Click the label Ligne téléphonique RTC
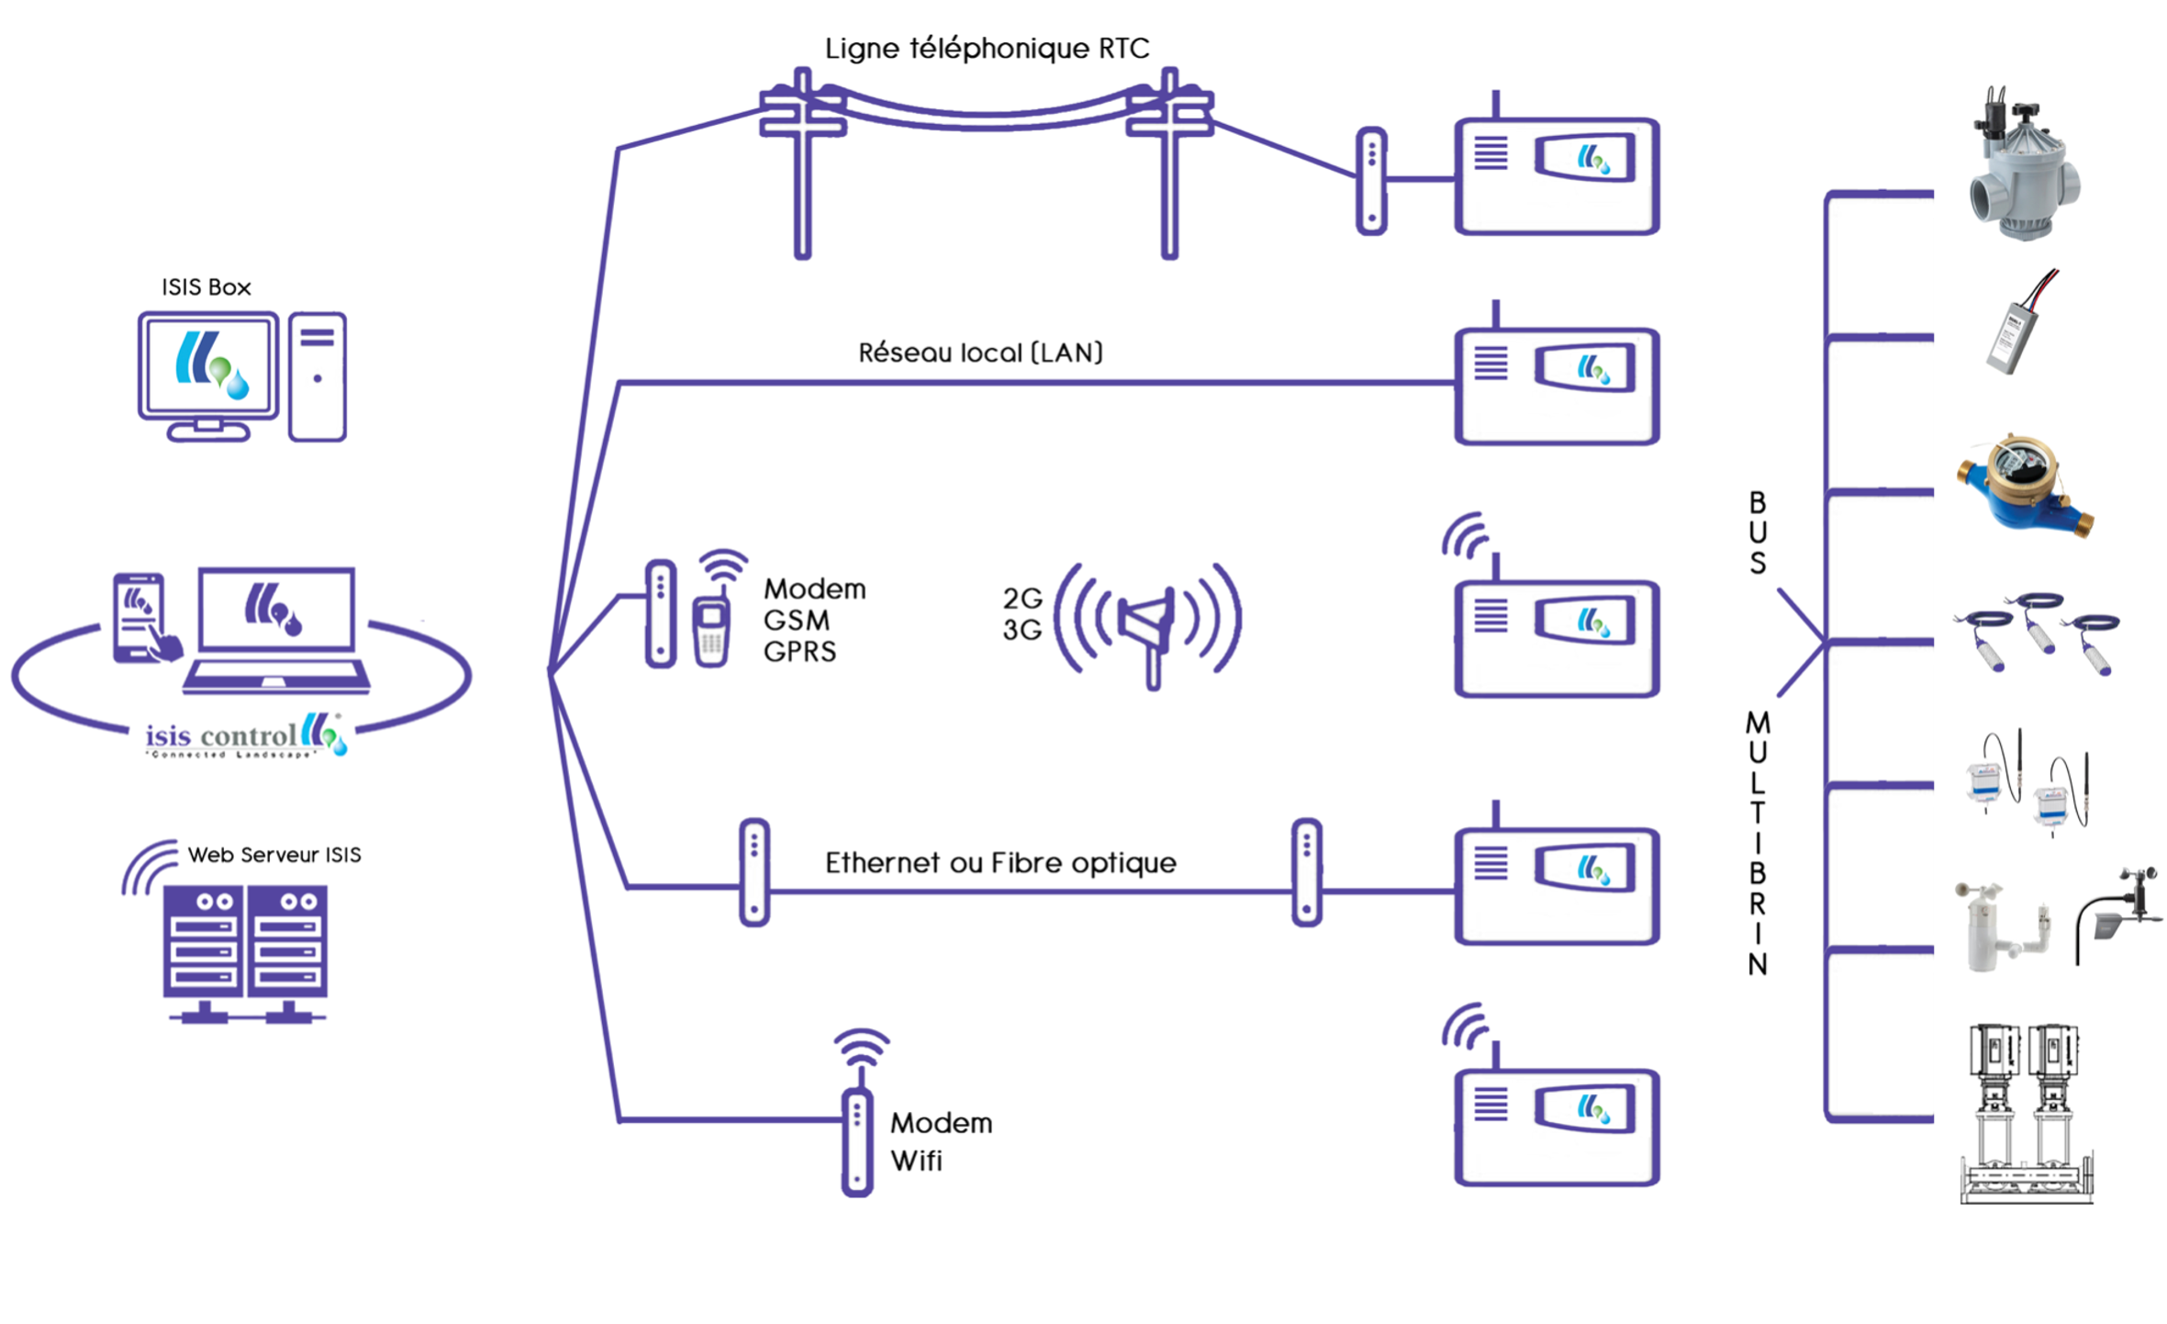click(x=987, y=49)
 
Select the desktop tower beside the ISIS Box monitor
click(x=318, y=376)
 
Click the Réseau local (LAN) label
click(x=980, y=353)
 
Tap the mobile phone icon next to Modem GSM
click(x=711, y=629)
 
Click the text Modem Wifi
click(x=941, y=1141)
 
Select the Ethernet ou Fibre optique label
click(x=1000, y=863)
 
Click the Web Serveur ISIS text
click(x=274, y=855)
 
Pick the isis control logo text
click(x=221, y=736)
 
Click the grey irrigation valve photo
click(x=2023, y=170)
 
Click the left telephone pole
click(x=803, y=165)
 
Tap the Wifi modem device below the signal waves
click(x=857, y=1141)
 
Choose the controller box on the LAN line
click(x=1557, y=386)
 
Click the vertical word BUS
click(x=1757, y=533)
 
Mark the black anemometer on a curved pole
click(x=2120, y=914)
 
